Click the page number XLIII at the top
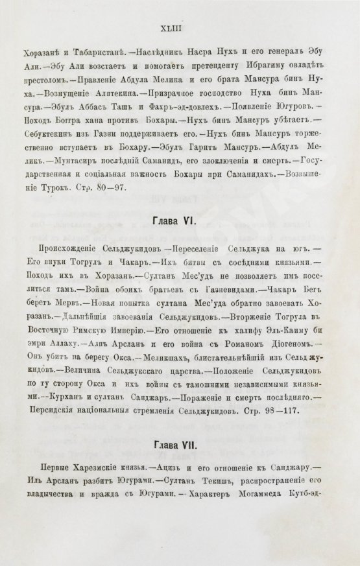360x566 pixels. [180, 28]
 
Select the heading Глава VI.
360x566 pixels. [180, 220]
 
